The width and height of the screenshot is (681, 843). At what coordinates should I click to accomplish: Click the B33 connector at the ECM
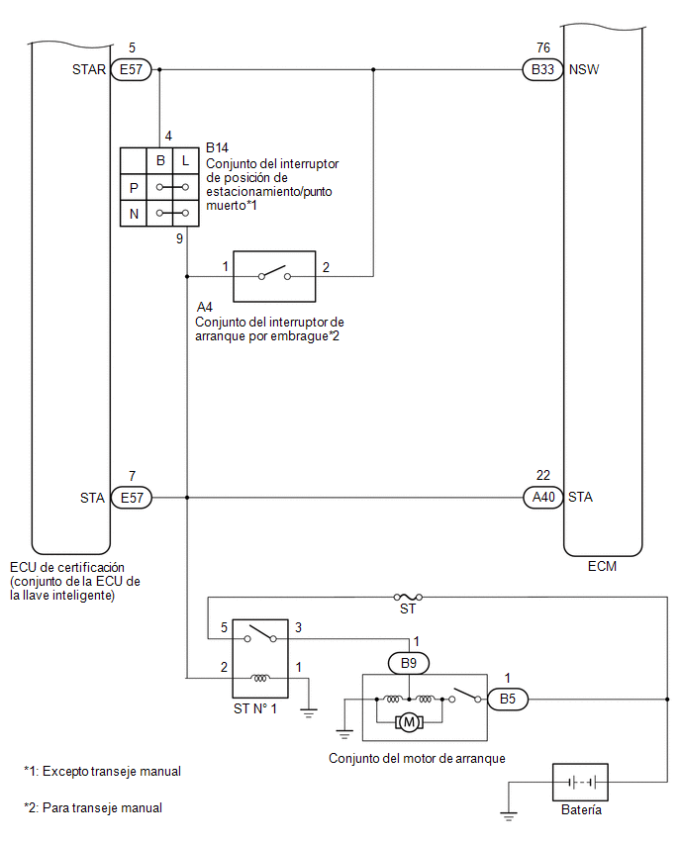click(x=542, y=69)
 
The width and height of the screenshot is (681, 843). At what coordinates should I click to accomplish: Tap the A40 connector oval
click(x=543, y=498)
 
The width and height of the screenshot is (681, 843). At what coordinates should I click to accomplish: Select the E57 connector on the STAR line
click(x=132, y=69)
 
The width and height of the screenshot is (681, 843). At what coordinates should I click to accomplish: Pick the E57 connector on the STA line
click(x=132, y=498)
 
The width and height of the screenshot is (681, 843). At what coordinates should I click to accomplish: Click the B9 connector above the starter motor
click(x=409, y=664)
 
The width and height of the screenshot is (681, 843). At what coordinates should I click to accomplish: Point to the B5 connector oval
click(x=508, y=699)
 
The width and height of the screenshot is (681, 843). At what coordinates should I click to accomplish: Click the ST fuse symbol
click(x=408, y=597)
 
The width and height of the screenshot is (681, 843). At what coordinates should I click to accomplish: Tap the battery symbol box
click(x=580, y=783)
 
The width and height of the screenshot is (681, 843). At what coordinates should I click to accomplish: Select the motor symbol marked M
click(x=410, y=722)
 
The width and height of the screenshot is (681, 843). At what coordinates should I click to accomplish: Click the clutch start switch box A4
click(x=274, y=276)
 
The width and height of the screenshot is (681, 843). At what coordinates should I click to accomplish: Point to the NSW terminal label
click(x=584, y=69)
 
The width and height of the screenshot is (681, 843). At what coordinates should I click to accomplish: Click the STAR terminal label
click(x=89, y=69)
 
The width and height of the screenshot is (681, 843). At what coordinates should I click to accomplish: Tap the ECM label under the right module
click(x=602, y=566)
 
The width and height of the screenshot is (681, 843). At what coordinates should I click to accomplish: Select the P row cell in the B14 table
click(x=134, y=188)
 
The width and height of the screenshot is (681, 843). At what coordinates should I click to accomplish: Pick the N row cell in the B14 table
click(x=134, y=214)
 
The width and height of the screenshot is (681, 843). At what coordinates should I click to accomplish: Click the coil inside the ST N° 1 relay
click(x=260, y=678)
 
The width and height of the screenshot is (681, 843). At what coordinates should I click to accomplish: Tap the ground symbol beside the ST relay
click(x=309, y=714)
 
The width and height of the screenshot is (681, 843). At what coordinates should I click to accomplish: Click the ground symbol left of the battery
click(x=509, y=816)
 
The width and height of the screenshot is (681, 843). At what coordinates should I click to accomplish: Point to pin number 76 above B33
click(x=543, y=47)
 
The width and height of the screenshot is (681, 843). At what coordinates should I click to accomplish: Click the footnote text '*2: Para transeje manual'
click(x=93, y=807)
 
